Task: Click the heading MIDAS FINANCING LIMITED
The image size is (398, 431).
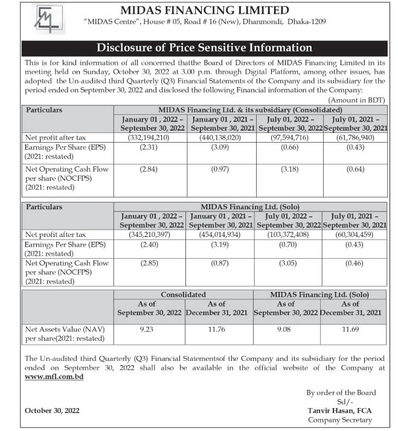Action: coord(205,10)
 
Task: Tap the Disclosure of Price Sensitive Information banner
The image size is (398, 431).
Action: coord(199,48)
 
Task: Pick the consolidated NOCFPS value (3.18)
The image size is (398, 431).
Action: coord(287,169)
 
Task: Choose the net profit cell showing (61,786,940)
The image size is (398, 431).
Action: coord(353,138)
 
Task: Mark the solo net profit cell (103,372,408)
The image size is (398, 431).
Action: coord(287,234)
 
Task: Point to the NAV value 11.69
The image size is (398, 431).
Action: coord(353,329)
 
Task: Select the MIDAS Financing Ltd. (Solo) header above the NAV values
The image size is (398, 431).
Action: coord(320,294)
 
